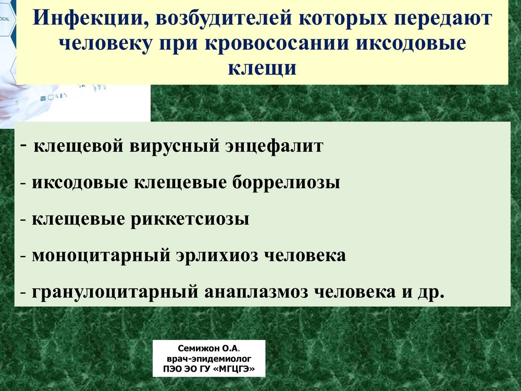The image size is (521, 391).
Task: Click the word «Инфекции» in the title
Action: [88, 19]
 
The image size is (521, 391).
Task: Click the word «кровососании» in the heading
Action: [277, 44]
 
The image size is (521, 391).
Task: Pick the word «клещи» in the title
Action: [262, 69]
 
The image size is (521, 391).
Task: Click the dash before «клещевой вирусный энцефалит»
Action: [23, 145]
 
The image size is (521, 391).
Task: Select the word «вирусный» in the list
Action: [175, 146]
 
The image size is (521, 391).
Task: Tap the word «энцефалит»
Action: [274, 146]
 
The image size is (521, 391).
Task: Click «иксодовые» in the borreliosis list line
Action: [80, 182]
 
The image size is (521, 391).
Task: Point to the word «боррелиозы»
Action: [286, 182]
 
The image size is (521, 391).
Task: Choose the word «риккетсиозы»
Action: [190, 219]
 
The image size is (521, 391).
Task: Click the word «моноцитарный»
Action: [102, 255]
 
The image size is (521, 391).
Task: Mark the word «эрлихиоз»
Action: [217, 255]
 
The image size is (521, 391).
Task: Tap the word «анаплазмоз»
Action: [256, 292]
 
